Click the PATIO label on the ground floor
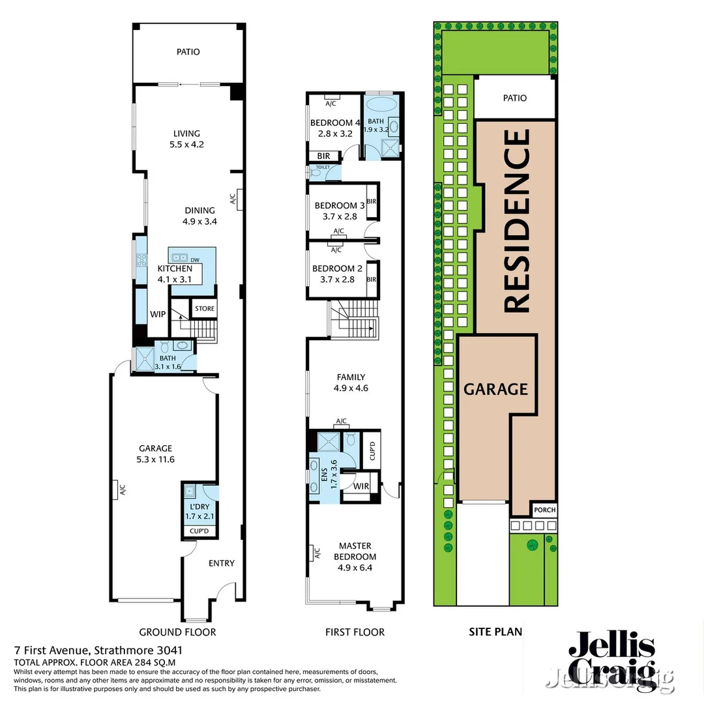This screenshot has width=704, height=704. click(188, 51)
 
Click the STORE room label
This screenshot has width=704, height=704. click(204, 308)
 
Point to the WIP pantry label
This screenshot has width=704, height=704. click(158, 314)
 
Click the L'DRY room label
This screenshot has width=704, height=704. click(200, 506)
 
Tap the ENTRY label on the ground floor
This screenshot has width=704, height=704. click(221, 563)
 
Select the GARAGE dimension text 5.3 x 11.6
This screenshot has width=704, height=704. click(155, 459)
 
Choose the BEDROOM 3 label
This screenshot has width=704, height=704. click(335, 205)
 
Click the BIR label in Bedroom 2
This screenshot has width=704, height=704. click(372, 280)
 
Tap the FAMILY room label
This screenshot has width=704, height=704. click(351, 377)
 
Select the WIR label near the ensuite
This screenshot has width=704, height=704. click(361, 486)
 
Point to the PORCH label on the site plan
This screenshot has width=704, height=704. click(544, 510)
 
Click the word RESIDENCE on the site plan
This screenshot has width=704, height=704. click(516, 220)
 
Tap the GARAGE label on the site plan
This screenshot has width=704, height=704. click(495, 389)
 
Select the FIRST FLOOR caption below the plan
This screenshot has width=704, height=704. click(355, 632)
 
